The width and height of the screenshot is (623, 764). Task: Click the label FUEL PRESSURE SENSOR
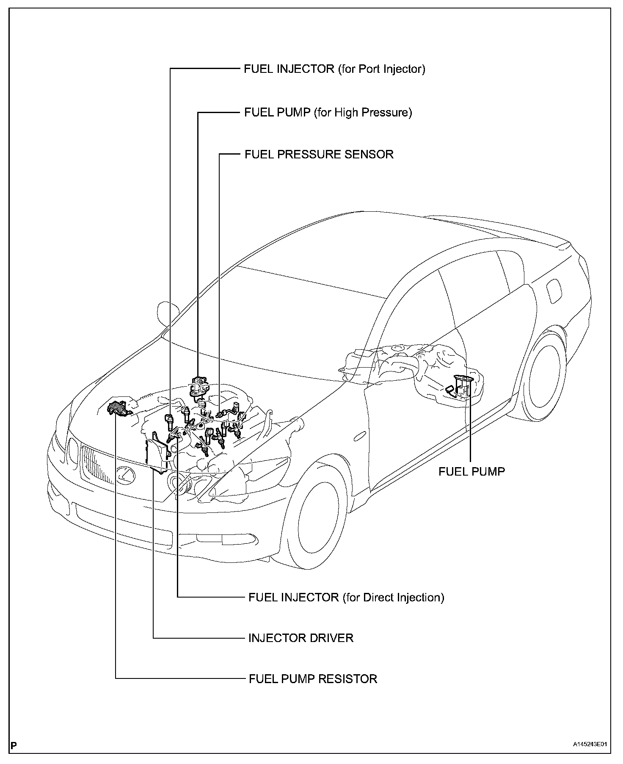(319, 154)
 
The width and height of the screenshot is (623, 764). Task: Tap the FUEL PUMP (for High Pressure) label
(328, 112)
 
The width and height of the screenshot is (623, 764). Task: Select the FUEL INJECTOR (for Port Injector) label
(334, 69)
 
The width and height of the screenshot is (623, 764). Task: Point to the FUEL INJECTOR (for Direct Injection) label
(346, 597)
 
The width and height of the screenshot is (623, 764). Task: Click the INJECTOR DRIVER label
(300, 638)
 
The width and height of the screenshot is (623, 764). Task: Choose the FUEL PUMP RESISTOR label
(313, 679)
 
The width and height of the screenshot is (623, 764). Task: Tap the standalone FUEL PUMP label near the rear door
(471, 471)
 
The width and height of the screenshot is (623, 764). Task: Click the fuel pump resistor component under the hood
(118, 407)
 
